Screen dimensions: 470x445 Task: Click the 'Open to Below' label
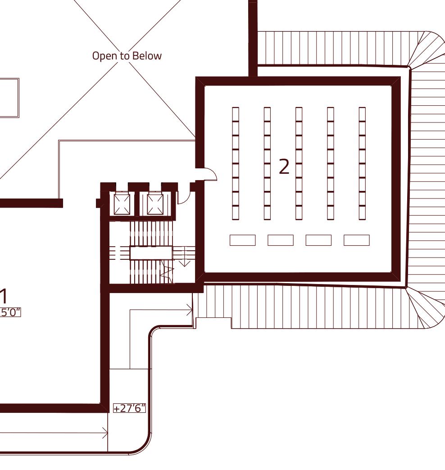[x=127, y=56]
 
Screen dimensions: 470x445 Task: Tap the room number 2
[x=284, y=167]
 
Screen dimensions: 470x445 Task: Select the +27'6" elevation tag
[x=130, y=408]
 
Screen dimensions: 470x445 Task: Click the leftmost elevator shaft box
[x=122, y=204]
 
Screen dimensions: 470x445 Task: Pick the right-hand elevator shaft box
[x=155, y=204]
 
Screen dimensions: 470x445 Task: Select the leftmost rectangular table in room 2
[x=242, y=240]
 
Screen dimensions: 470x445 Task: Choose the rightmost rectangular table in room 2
[x=356, y=240]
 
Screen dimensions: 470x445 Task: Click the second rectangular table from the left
[x=280, y=240]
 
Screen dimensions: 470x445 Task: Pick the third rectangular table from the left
[x=318, y=240]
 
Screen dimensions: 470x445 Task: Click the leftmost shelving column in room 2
[x=236, y=163]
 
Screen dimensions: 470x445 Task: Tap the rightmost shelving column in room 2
[x=362, y=163]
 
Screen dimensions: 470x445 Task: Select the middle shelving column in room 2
[x=299, y=163]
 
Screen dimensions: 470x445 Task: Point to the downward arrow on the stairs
[x=184, y=261]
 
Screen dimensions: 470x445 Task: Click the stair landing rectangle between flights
[x=151, y=253]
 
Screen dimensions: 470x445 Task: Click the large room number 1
[x=4, y=297]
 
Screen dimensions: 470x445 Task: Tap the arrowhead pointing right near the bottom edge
[x=105, y=433]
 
